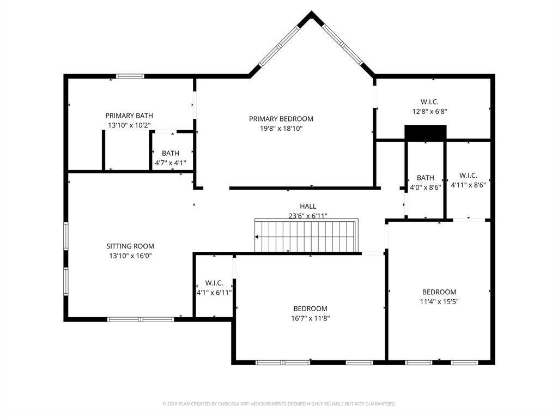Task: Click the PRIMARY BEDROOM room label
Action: tap(281, 119)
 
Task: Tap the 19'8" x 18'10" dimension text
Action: tap(281, 129)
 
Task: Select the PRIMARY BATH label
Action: tap(129, 116)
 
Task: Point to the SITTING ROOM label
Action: tap(130, 246)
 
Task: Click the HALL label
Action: tap(308, 206)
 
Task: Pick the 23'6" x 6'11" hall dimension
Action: tap(308, 215)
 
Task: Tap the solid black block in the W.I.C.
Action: tap(426, 132)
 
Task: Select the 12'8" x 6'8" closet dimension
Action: tap(429, 111)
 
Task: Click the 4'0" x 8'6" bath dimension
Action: tap(426, 188)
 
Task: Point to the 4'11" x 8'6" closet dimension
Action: tap(468, 185)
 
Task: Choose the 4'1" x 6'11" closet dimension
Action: tap(214, 293)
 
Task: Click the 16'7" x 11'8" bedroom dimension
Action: tap(311, 318)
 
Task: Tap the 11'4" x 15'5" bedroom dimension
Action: tap(439, 301)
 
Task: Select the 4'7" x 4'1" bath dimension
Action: tap(171, 162)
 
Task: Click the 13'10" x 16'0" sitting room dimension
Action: tap(130, 256)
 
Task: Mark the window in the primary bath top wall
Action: tap(130, 76)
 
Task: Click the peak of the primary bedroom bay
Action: tap(311, 14)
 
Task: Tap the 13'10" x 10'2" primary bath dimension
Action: tap(129, 125)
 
